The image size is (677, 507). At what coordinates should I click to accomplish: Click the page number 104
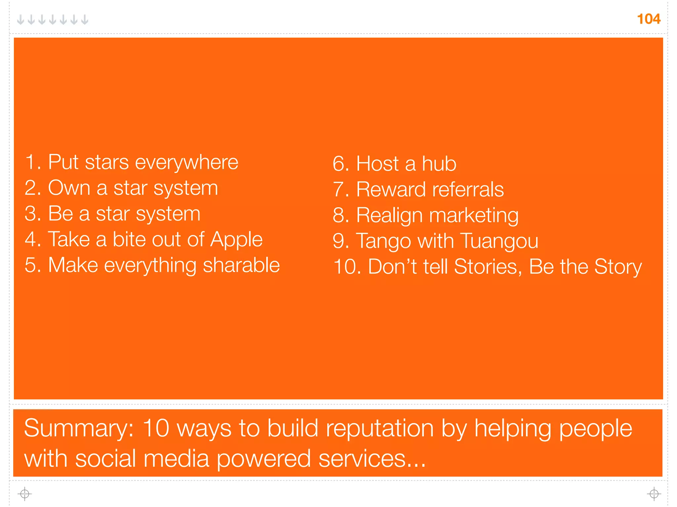pyautogui.click(x=649, y=19)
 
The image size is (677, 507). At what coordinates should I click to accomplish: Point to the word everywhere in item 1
pyautogui.click(x=186, y=162)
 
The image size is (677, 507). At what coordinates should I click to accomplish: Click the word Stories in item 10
pyautogui.click(x=488, y=267)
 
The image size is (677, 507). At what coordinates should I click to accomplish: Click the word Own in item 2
pyautogui.click(x=69, y=188)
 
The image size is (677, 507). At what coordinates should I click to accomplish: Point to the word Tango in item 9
pyautogui.click(x=384, y=241)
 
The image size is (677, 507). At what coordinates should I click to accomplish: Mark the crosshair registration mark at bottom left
pyautogui.click(x=25, y=494)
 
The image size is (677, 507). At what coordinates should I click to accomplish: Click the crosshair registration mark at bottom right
pyautogui.click(x=654, y=494)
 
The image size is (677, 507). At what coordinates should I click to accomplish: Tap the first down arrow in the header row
pyautogui.click(x=20, y=20)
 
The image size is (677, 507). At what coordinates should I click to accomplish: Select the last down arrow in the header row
pyautogui.click(x=85, y=20)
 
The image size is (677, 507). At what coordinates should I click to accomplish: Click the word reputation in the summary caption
pyautogui.click(x=380, y=428)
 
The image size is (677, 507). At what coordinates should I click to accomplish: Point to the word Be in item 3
pyautogui.click(x=60, y=214)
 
